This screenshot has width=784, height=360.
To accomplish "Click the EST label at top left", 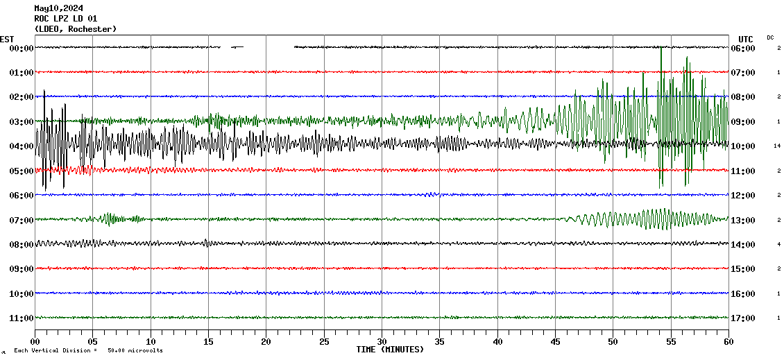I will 7,39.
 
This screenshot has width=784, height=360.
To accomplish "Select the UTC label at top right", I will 746,39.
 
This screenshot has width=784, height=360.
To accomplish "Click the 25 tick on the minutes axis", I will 324,341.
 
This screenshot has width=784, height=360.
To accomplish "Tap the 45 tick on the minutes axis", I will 555,341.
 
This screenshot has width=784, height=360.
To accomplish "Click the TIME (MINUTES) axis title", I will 390,350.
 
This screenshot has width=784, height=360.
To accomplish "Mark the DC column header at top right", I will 770,37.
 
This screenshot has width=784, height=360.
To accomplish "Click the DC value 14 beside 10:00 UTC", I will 778,146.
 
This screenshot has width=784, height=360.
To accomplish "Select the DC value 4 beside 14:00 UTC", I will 779,244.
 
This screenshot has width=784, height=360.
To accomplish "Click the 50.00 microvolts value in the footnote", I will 135,351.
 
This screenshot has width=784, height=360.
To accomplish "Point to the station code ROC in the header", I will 42,19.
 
